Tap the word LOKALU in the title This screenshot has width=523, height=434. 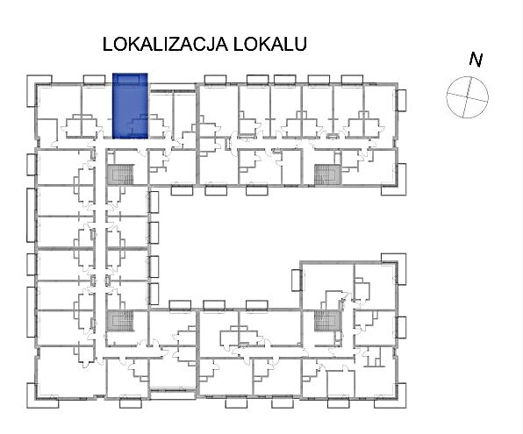coord(270,44)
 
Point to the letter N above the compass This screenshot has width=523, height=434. coord(476,60)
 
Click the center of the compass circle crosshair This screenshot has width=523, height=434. coord(468,97)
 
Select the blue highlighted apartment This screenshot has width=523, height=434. coord(130,106)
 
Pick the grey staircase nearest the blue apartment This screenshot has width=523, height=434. coord(120,174)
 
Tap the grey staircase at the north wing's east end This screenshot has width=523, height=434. coord(328,174)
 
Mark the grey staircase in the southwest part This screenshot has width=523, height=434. coord(120,320)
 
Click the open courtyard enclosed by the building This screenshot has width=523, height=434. coord(230,244)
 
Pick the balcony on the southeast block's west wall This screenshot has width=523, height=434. coord(297,280)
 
